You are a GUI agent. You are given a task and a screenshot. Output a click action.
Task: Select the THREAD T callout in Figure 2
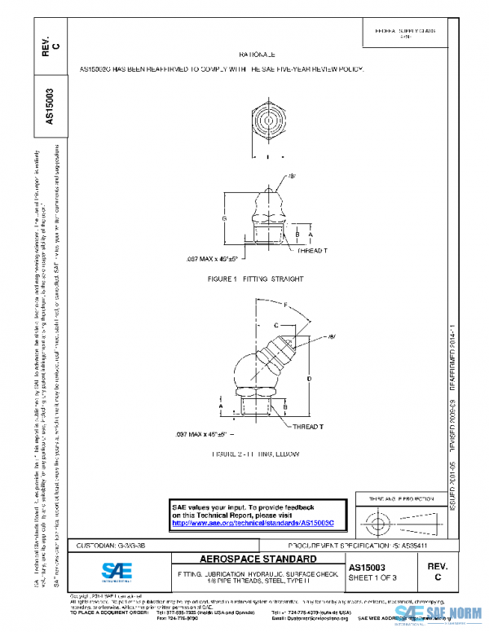click(307, 426)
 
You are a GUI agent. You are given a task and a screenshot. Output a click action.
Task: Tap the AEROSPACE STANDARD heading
click(258, 560)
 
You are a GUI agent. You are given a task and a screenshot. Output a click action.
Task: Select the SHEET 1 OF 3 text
click(373, 577)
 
